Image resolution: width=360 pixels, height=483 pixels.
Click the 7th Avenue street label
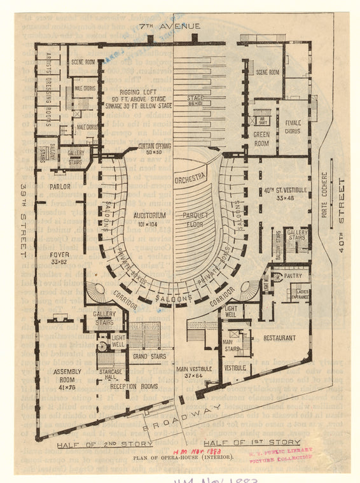pos(169,25)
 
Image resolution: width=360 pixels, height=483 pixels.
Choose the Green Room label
pos(261,139)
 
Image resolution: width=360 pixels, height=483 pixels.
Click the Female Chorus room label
pos(293,127)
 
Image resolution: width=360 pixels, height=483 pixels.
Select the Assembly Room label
pos(67,375)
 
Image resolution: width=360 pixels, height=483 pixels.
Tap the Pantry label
pos(293,276)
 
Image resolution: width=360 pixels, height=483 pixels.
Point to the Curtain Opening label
pos(155,150)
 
